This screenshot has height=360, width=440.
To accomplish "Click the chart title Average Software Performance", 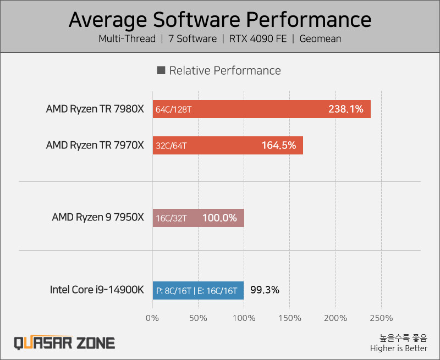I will point(220,19).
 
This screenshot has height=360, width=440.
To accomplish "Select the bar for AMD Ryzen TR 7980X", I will point(261,109).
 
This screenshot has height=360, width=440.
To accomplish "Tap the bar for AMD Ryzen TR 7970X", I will point(227,146).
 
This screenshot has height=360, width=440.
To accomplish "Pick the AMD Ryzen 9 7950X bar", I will point(198,218).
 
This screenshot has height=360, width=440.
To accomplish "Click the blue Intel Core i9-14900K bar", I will point(198,290).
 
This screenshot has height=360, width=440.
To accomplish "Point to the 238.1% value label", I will point(345,109).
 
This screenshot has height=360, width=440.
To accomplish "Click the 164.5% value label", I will point(278,146).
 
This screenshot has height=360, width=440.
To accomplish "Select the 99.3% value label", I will point(265,290).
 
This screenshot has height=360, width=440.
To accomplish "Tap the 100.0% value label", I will point(219,218).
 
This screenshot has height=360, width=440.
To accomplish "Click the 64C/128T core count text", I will point(173,109).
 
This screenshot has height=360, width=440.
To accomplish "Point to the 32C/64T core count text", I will point(171,146).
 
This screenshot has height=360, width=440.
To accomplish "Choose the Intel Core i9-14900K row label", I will point(97,290).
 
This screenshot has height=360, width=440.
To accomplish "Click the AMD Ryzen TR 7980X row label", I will point(95,109).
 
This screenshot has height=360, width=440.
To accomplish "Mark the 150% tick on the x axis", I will point(290,318).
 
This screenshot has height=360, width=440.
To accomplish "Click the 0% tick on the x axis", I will point(152,318).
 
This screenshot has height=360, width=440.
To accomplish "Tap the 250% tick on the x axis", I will point(382,318).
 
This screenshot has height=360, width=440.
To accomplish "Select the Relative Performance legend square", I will point(161,70).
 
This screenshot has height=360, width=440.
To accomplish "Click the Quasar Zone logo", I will point(64,343).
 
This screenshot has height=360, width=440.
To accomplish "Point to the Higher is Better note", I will point(398,348).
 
